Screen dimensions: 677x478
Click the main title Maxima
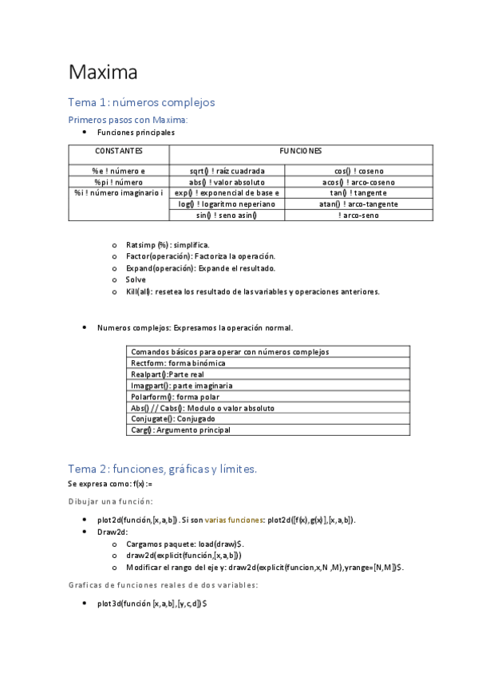[x=103, y=73]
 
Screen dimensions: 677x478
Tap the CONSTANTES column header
[x=119, y=150]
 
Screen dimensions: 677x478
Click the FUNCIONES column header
[x=300, y=150]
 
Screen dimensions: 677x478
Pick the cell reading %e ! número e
[x=119, y=171]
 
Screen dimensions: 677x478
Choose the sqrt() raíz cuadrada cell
[x=227, y=171]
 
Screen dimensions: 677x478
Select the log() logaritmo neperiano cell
[x=227, y=204]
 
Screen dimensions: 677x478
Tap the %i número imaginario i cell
[x=119, y=193]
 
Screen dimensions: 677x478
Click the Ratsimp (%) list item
[x=168, y=244]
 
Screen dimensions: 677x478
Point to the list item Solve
[x=136, y=279]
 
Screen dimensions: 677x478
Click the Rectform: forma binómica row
[x=178, y=363]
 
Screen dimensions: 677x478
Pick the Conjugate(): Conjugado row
[x=174, y=418]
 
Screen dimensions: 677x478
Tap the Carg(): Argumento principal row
[x=180, y=430]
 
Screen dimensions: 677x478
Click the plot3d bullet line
[x=152, y=604]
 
